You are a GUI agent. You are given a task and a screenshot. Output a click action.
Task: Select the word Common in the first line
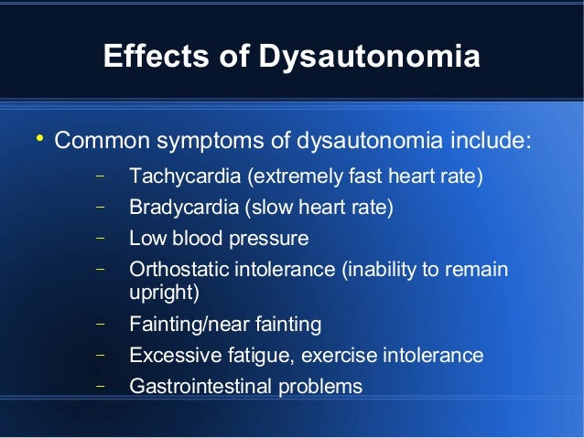pyautogui.click(x=101, y=143)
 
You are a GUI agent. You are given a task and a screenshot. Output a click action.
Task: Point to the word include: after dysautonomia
pyautogui.click(x=490, y=143)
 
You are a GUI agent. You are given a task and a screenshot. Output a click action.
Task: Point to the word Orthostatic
pyautogui.click(x=178, y=271)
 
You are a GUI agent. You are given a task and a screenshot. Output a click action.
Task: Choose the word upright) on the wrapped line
pyautogui.click(x=164, y=293)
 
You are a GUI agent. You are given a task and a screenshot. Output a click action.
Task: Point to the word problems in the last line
pyautogui.click(x=319, y=387)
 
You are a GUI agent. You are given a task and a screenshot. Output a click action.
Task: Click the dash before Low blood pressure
pyautogui.click(x=100, y=238)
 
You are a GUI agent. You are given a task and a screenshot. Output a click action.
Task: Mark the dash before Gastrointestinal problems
pyautogui.click(x=100, y=385)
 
